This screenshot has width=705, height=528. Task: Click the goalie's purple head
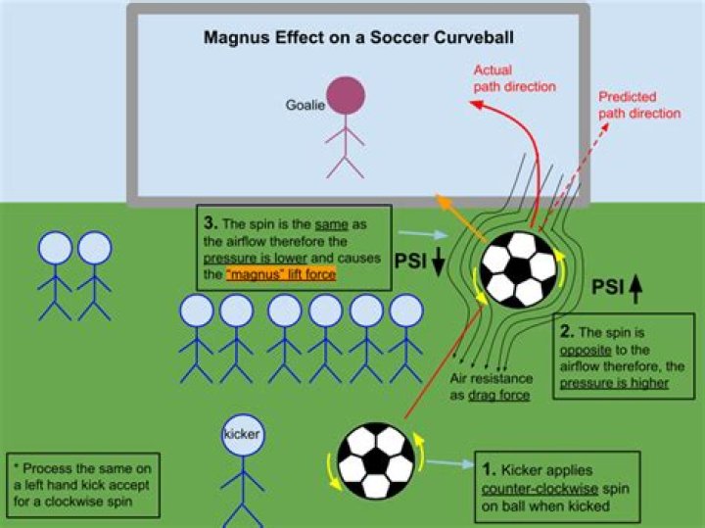click(345, 97)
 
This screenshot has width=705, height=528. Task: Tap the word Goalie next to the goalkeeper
click(305, 105)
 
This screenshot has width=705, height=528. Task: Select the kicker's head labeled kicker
click(239, 433)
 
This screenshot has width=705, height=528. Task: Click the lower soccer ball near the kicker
click(375, 460)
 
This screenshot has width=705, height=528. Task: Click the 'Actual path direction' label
click(514, 78)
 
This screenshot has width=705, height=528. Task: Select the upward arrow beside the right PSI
click(634, 287)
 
